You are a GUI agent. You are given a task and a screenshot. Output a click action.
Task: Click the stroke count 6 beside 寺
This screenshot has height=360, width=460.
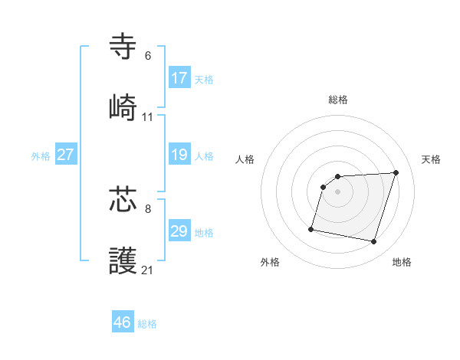148,56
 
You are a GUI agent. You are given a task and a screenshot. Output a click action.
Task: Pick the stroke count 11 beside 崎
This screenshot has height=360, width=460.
148,117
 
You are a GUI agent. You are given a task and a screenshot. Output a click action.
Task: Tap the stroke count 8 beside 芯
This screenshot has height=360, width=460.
148,208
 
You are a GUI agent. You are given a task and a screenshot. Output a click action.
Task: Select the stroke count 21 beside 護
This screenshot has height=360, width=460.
148,270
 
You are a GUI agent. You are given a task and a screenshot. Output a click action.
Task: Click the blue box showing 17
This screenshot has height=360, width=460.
179,78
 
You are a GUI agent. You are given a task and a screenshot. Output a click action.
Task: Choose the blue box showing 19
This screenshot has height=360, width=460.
179,155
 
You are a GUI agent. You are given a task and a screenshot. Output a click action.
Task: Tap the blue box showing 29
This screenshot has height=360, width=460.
179,231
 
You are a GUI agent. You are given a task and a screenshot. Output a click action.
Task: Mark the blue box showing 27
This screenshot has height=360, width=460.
66,155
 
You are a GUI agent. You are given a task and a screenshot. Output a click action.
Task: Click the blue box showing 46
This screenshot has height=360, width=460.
123,322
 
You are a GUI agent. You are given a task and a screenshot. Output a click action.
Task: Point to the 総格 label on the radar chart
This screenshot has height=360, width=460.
338,100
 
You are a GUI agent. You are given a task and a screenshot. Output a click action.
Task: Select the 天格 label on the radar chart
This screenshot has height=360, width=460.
432,159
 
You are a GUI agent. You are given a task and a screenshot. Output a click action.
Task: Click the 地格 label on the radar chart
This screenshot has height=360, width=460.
402,262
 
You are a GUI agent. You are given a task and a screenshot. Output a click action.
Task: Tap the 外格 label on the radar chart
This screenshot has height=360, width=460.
270,262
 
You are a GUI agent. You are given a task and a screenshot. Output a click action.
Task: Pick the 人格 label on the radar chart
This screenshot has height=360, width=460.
245,159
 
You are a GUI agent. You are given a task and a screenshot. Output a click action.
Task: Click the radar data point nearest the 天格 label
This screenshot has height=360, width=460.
396,172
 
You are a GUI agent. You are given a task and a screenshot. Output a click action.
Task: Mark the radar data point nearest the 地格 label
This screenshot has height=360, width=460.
373,242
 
